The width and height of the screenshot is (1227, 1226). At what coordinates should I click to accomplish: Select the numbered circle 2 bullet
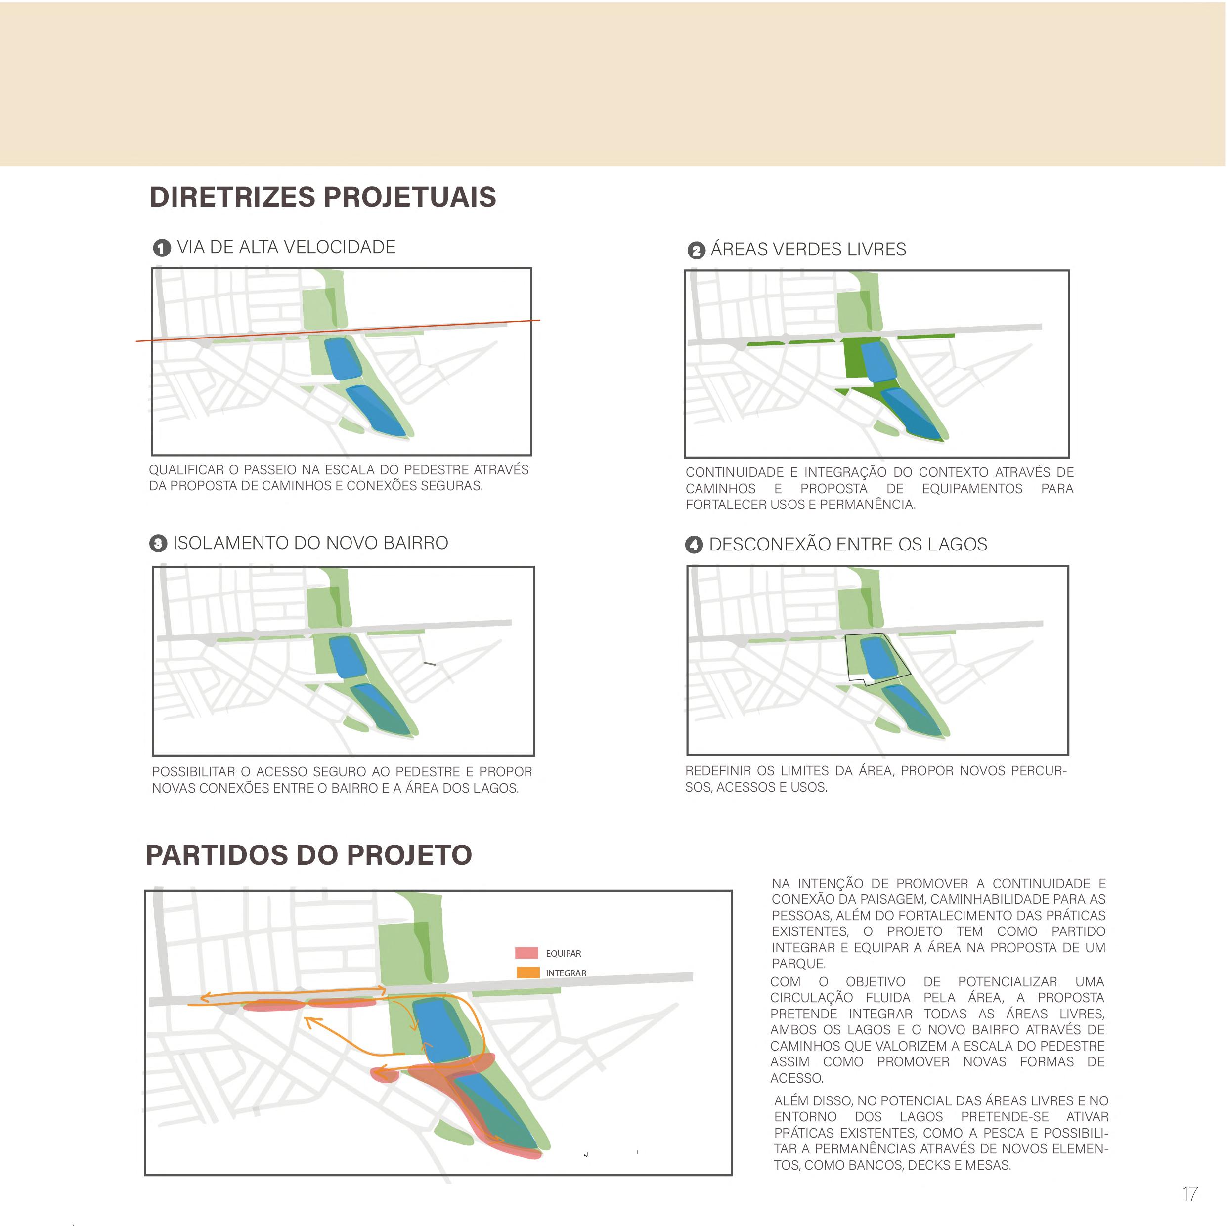tap(696, 250)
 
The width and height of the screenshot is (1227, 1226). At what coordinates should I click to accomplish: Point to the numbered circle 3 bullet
tap(158, 544)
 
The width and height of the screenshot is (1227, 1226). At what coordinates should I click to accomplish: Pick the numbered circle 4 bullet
tap(694, 545)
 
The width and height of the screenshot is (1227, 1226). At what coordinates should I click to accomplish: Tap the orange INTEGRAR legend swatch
tap(528, 972)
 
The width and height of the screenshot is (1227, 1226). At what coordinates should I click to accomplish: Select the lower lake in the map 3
tap(382, 709)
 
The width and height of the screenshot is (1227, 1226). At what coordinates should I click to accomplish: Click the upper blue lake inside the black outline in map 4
tap(877, 657)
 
